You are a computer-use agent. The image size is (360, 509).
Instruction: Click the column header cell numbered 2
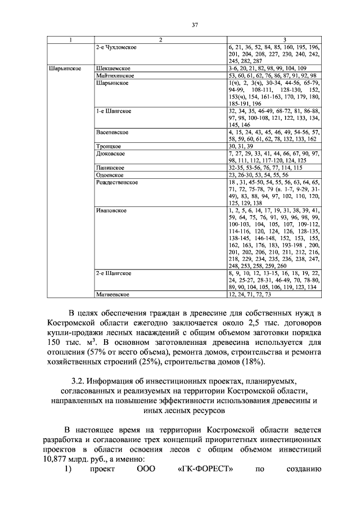click(160, 39)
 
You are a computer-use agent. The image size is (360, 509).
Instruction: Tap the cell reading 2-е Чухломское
click(116, 46)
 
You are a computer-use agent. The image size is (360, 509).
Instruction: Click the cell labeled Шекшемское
click(112, 67)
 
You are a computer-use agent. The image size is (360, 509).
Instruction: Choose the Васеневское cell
click(112, 132)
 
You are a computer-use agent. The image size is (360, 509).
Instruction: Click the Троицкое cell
click(109, 146)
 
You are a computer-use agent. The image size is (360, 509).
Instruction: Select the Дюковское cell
click(110, 153)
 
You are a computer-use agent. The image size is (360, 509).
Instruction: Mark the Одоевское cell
click(110, 175)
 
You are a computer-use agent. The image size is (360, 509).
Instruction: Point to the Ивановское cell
click(111, 210)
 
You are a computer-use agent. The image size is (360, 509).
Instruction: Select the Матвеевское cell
click(113, 294)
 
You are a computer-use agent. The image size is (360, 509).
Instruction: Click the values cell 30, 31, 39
click(244, 146)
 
